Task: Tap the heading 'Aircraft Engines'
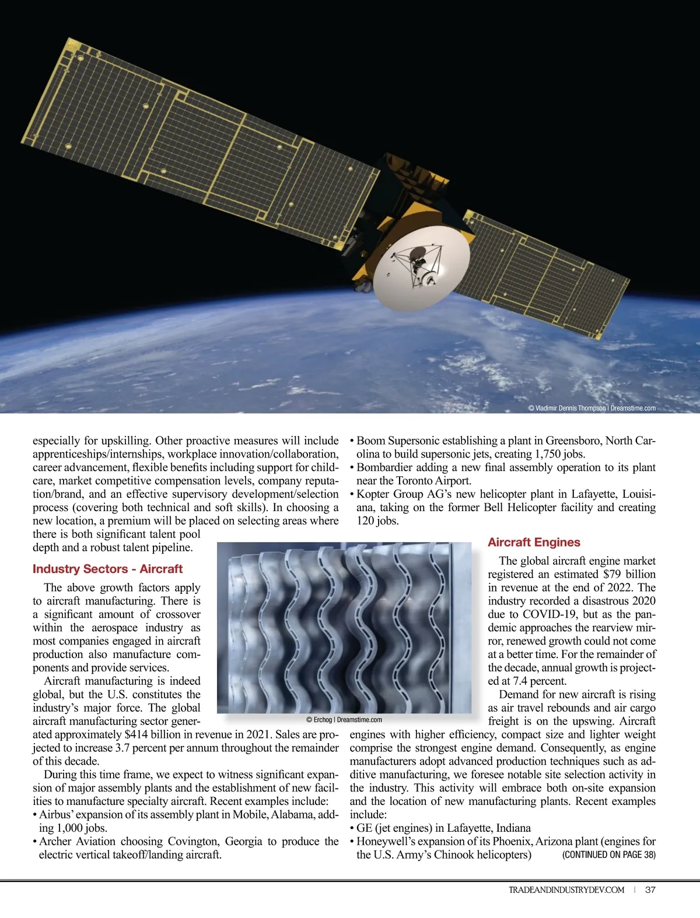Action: [534, 542]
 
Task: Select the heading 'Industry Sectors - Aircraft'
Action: [107, 569]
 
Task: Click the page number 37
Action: [650, 890]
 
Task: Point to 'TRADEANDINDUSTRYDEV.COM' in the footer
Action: [566, 890]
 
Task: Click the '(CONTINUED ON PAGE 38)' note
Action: [608, 855]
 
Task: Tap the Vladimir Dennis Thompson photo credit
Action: [591, 408]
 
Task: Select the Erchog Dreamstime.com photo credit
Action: [344, 720]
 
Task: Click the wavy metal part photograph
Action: [344, 627]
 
